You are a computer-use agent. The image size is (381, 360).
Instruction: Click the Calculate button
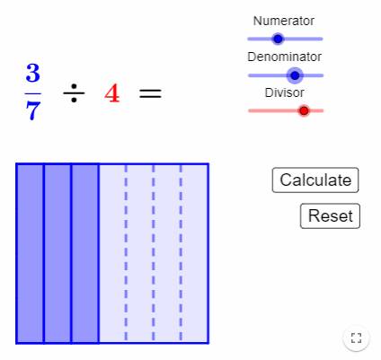pos(315,180)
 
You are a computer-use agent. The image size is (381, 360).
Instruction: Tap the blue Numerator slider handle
pos(278,39)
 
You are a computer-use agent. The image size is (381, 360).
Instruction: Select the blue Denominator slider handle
pos(295,75)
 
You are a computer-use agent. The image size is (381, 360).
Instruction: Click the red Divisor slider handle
pos(304,110)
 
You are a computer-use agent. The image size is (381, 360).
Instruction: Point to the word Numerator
pos(284,21)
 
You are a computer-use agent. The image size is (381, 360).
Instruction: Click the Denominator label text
pos(284,57)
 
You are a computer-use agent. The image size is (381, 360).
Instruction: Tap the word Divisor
pos(284,92)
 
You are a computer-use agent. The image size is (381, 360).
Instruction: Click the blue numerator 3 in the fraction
pos(33,73)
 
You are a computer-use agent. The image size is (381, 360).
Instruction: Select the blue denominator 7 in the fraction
pos(33,110)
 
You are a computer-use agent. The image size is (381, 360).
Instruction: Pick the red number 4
pos(112,93)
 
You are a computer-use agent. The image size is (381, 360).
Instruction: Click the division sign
pos(74,93)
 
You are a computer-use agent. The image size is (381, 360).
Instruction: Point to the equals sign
pos(150,93)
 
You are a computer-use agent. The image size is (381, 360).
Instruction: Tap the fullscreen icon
pos(356,338)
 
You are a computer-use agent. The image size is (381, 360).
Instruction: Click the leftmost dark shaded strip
pos(31,253)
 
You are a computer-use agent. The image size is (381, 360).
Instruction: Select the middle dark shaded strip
pos(58,253)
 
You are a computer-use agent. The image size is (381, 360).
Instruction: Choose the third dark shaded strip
pos(85,253)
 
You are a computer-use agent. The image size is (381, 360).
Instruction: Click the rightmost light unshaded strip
pos(194,253)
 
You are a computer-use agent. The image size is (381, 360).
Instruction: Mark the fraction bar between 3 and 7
pos(33,93)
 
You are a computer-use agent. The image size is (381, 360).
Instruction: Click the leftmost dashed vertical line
pos(126,253)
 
